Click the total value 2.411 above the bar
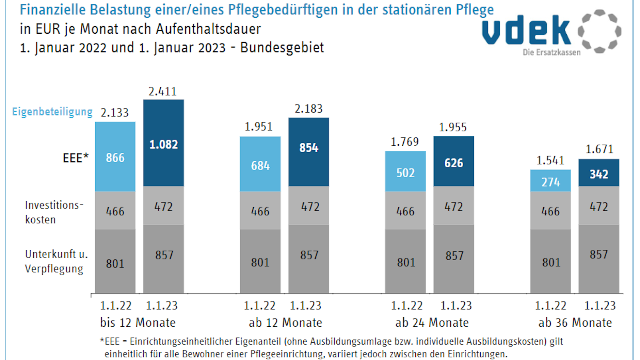coord(162,92)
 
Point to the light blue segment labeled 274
coord(550,181)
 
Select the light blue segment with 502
coord(405,171)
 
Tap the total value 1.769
coord(404,142)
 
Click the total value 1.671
coord(599,149)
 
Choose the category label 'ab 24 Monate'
coord(432,322)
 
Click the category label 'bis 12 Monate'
coord(138,322)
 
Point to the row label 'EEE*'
coord(76,158)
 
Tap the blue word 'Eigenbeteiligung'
coord(52,112)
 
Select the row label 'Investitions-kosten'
coord(53,212)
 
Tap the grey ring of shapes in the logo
coord(599,31)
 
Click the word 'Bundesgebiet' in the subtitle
coord(282,48)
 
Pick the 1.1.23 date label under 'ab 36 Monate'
coord(600,306)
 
